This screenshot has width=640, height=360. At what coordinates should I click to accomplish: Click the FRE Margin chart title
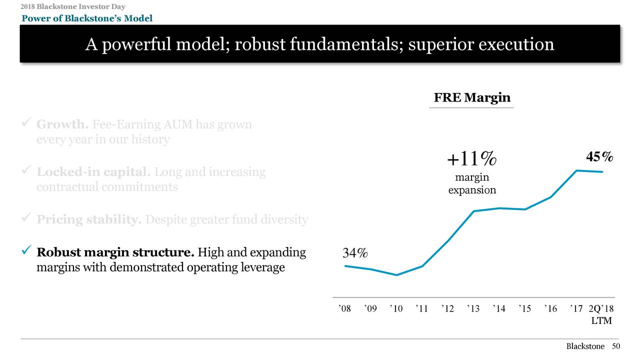coord(471,97)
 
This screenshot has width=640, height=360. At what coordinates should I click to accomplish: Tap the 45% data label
coord(599,157)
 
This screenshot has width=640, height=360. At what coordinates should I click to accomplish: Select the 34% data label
coord(355,253)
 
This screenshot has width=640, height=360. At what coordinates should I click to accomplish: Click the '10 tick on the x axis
coord(396,309)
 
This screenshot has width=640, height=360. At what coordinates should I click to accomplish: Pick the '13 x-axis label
coord(473,309)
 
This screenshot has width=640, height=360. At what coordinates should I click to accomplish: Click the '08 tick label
coord(344,309)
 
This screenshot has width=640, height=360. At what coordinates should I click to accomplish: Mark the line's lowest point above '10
coord(396,275)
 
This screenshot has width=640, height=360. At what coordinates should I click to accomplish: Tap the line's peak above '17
coord(576,170)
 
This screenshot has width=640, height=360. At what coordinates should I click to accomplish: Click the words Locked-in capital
coord(93,172)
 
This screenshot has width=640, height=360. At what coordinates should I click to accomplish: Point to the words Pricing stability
coord(89,219)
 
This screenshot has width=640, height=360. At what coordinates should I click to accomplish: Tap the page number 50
coord(616,346)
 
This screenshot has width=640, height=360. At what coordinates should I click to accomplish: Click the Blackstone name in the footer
coord(585,346)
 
